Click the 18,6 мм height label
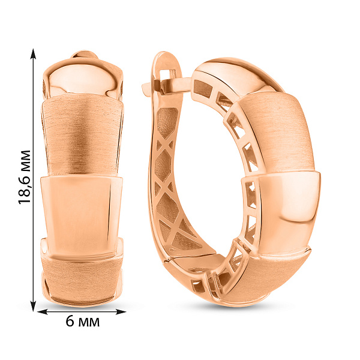[x=25, y=177]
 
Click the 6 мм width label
[x=83, y=322]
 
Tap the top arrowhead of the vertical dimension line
[x=33, y=54]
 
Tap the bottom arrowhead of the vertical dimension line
[x=33, y=306]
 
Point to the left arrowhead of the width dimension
[x=42, y=312]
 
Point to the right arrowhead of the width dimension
[x=121, y=312]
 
